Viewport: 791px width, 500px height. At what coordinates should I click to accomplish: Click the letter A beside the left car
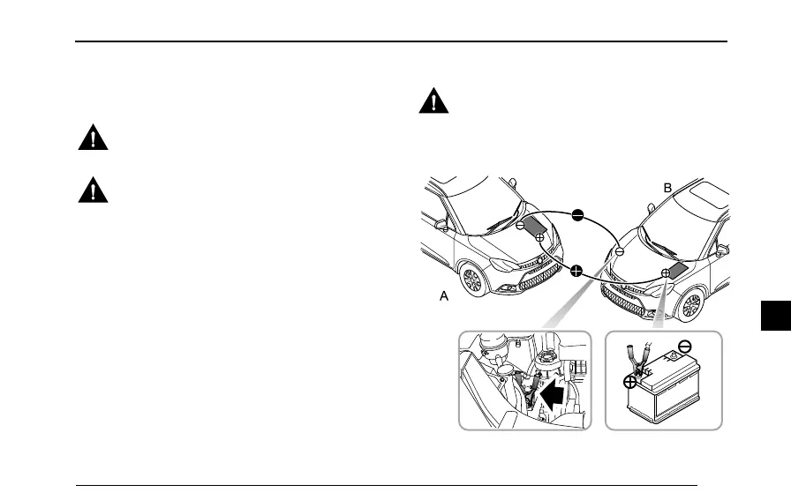click(x=445, y=298)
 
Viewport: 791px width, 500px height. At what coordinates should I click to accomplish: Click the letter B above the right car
click(x=668, y=188)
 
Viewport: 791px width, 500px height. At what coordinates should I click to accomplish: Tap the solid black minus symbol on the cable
click(x=577, y=215)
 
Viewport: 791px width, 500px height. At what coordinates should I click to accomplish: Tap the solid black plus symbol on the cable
click(x=576, y=271)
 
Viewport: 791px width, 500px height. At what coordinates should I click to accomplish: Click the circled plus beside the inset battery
click(x=630, y=382)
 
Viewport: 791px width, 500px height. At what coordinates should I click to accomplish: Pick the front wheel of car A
click(x=472, y=280)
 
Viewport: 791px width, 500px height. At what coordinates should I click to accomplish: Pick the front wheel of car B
click(x=690, y=308)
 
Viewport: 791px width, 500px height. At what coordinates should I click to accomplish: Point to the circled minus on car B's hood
click(x=620, y=251)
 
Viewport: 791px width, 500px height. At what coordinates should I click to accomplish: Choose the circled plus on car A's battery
click(x=540, y=238)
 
